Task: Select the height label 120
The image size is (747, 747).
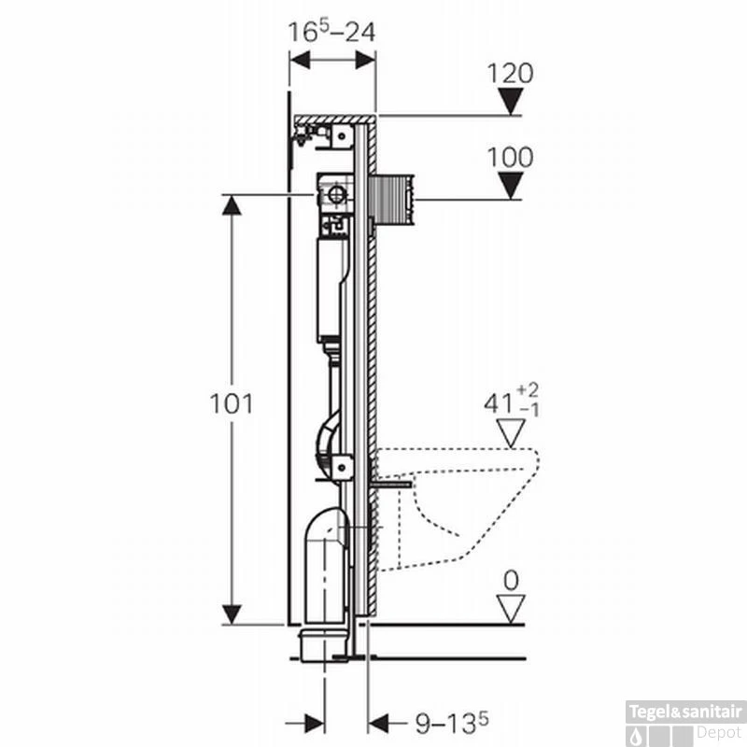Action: [x=510, y=74]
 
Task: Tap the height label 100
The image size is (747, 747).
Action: [x=510, y=157]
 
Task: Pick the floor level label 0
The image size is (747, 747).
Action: [x=510, y=580]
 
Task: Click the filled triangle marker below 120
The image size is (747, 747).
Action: [x=510, y=101]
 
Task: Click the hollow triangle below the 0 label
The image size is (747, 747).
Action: [x=510, y=609]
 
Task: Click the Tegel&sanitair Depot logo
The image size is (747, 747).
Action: [x=686, y=718]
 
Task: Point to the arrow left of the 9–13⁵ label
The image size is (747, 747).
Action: [x=381, y=721]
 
